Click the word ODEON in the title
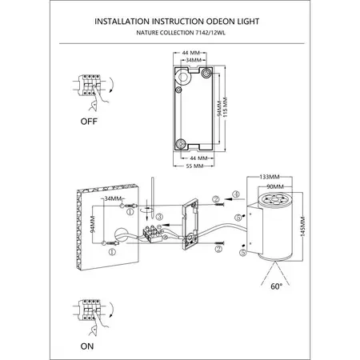click(221, 22)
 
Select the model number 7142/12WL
click(210, 33)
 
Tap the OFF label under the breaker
click(89, 122)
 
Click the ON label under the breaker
click(87, 346)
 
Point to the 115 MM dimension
click(226, 107)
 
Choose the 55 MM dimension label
click(194, 166)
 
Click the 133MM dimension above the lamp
click(270, 177)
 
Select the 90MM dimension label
click(275, 186)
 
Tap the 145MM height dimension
click(302, 226)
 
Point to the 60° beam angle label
click(276, 286)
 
